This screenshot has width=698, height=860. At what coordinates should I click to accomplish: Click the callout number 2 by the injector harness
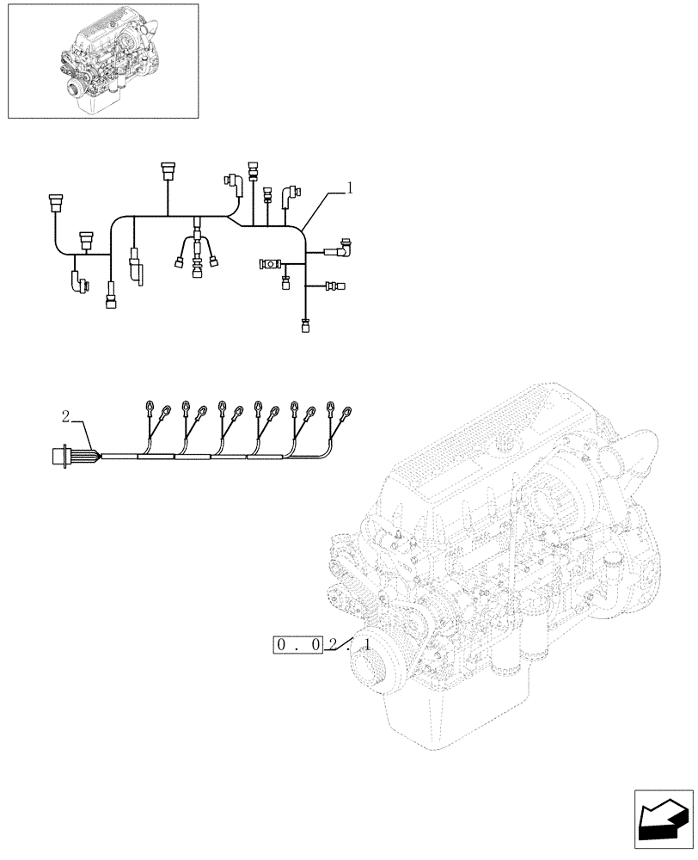(65, 418)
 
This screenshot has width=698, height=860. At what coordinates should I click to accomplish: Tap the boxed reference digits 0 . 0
(297, 644)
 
